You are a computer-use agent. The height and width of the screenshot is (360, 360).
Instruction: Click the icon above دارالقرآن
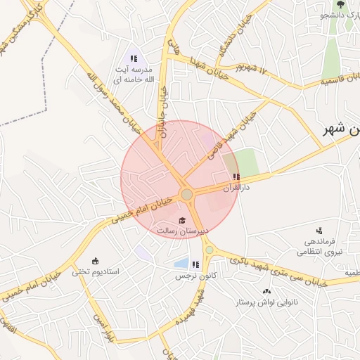236,177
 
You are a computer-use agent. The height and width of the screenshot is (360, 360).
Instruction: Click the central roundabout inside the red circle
186,194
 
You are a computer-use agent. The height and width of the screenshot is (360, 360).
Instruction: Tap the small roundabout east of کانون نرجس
209,250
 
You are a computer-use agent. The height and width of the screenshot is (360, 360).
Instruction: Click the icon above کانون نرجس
195,265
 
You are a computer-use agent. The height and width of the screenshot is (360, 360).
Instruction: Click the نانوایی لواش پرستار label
266,302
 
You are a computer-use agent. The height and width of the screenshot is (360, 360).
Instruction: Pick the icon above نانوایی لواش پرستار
266,291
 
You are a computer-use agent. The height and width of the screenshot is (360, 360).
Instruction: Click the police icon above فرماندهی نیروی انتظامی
319,230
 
